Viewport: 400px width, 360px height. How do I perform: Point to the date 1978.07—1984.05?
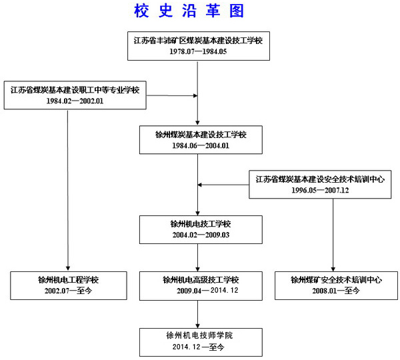coord(198,51)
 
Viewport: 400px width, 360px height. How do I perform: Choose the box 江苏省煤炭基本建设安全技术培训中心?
coord(320,179)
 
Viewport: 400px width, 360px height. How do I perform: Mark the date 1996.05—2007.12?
coord(320,190)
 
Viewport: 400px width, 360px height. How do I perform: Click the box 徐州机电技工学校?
coord(197,223)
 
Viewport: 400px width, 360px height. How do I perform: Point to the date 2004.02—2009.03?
coord(197,234)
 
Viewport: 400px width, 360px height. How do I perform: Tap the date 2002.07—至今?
coord(68,291)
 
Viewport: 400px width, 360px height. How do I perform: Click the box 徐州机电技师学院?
coord(198,336)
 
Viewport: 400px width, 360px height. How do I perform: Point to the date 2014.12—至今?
coord(198,347)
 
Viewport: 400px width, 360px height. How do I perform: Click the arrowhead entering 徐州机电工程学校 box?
coord(68,268)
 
